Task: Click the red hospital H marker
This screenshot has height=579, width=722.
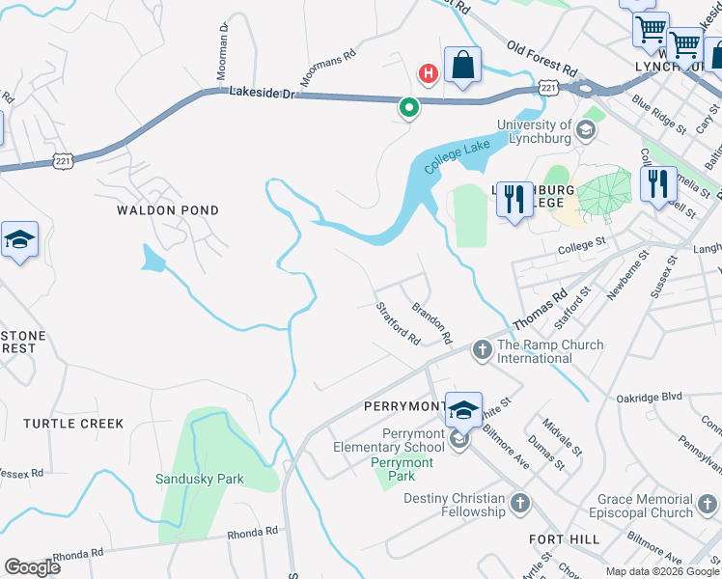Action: click(427, 72)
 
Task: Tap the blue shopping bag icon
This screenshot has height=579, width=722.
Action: click(463, 66)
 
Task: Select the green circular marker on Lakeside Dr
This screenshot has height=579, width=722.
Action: click(409, 108)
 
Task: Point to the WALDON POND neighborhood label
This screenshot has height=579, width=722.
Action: click(168, 210)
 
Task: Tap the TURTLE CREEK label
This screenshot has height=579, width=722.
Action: click(74, 424)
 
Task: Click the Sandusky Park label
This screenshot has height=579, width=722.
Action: click(200, 479)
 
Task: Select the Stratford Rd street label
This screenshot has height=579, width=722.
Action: click(398, 324)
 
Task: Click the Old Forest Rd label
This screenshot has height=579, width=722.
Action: click(541, 59)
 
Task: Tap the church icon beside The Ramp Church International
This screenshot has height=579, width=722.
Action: click(483, 348)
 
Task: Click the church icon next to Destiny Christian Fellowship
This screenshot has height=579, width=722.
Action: click(520, 503)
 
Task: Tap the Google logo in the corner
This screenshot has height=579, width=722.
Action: click(33, 567)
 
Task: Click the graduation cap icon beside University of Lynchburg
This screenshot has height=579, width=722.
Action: click(586, 129)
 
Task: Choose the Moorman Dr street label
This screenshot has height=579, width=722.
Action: click(221, 53)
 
